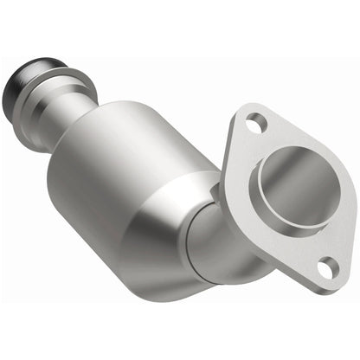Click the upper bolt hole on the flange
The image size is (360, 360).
click(254, 125)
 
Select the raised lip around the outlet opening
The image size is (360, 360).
click(264, 195)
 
